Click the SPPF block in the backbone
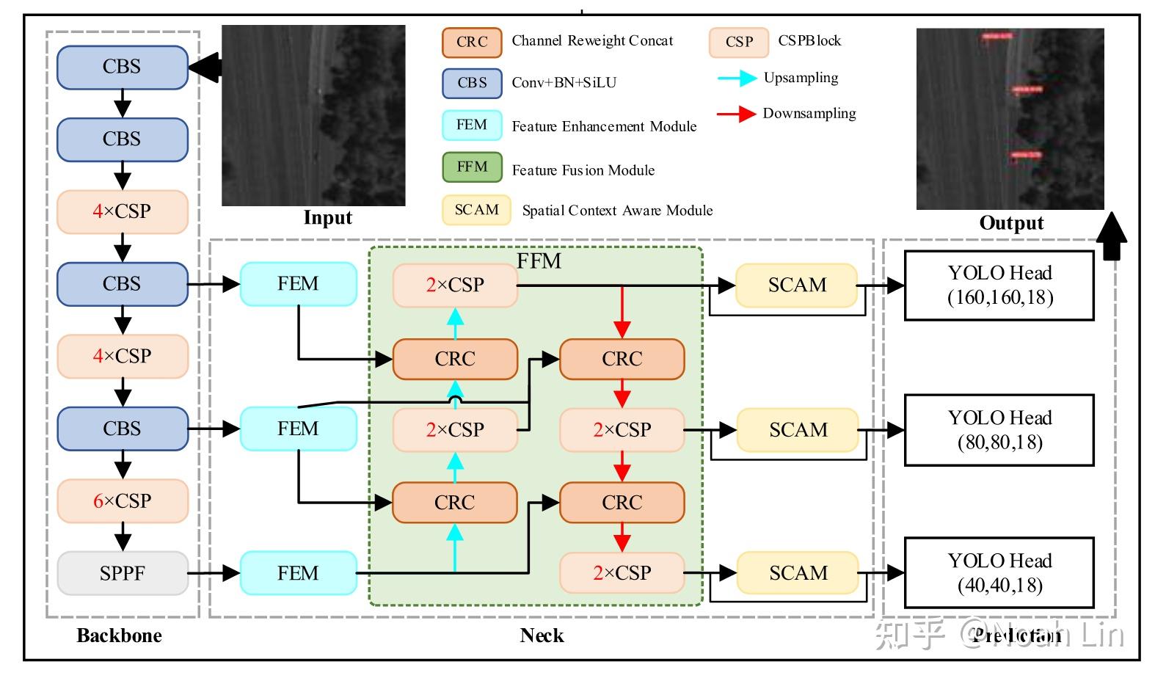(x=123, y=573)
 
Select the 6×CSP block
(x=123, y=501)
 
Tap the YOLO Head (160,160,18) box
(x=999, y=285)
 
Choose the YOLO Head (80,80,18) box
(x=999, y=430)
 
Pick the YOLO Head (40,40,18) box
(x=999, y=573)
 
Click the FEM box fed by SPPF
(x=298, y=573)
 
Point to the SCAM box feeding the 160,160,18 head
(x=796, y=285)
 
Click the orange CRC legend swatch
(x=472, y=42)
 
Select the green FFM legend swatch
(x=472, y=167)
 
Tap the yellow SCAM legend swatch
(x=476, y=210)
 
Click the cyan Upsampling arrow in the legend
(x=737, y=78)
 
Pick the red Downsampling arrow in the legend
(x=737, y=114)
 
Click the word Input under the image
(x=327, y=218)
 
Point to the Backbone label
(x=119, y=636)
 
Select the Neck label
(x=542, y=636)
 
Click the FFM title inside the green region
(x=539, y=261)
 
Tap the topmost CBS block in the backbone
(x=123, y=67)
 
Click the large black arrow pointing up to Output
(x=1112, y=236)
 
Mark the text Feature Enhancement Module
(x=604, y=127)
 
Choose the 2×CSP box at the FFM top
(x=455, y=285)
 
